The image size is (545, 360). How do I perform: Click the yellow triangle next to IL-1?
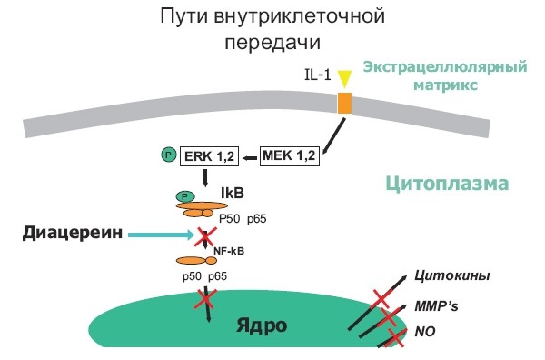click(343, 77)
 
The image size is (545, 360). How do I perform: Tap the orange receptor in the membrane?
click(344, 102)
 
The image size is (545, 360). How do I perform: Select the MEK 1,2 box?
click(288, 156)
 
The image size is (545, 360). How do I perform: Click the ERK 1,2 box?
click(208, 156)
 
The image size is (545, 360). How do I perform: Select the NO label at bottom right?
click(424, 333)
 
